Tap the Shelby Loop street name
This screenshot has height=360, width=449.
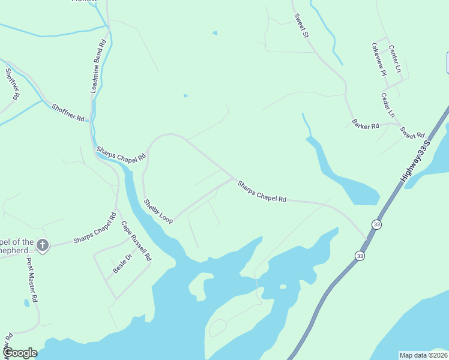158,212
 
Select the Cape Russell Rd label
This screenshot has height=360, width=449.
136,241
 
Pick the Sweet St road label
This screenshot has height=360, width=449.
301,26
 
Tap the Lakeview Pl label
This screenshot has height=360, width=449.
379,59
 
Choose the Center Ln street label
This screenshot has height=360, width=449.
394,59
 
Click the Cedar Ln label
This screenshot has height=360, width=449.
388,105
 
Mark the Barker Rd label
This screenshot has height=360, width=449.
366,126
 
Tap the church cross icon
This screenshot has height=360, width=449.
42,245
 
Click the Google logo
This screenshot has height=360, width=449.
20,353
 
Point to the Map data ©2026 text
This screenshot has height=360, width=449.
423,355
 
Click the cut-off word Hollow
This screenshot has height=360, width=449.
84,2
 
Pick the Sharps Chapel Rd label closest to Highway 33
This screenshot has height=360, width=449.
262,191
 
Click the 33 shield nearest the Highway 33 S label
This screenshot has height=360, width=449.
376,224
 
